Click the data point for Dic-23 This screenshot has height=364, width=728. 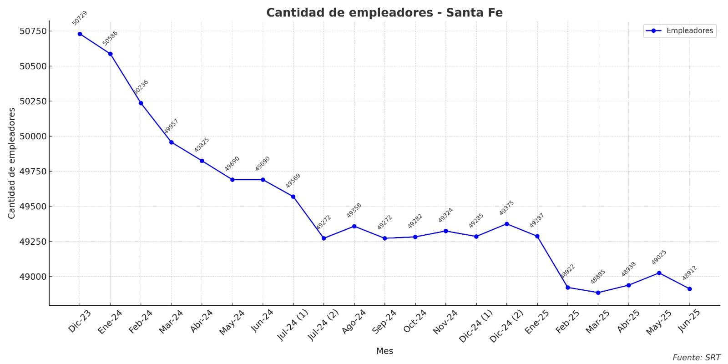(x=80, y=34)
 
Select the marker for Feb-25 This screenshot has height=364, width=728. (x=568, y=288)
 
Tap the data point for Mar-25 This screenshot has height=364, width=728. (x=598, y=293)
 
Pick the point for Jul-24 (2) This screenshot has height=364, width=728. (x=324, y=238)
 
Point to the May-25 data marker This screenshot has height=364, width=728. (x=659, y=273)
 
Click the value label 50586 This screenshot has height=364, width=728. (x=110, y=38)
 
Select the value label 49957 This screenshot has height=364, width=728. (x=171, y=126)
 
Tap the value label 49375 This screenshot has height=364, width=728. (x=506, y=208)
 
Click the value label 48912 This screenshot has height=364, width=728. (x=689, y=273)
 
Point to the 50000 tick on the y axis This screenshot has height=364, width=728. (x=33, y=136)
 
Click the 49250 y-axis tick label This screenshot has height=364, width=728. (x=33, y=242)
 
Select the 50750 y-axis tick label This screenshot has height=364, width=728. (x=33, y=31)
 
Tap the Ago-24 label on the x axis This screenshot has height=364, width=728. (x=354, y=322)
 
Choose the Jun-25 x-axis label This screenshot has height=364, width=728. (x=689, y=321)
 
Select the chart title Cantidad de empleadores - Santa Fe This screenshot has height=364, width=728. (x=384, y=13)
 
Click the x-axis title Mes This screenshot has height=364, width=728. (x=384, y=351)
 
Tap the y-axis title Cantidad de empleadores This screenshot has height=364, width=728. (x=12, y=163)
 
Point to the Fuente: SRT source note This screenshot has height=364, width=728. (x=696, y=358)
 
